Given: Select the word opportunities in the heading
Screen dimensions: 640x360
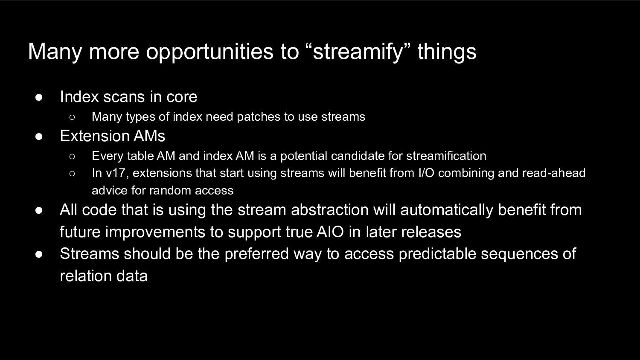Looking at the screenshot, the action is [x=210, y=52].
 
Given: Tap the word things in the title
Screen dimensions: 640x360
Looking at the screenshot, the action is [x=447, y=52].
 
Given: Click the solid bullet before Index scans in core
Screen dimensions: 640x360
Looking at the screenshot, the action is [x=39, y=97].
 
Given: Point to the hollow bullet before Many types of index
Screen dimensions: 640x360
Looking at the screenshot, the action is [x=72, y=117].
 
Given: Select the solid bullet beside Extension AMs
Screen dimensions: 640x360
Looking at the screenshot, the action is [x=39, y=136].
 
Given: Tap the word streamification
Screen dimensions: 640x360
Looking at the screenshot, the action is [x=446, y=156].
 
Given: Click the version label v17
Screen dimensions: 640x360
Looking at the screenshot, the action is [x=116, y=173].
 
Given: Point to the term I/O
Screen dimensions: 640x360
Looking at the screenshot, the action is [x=426, y=173].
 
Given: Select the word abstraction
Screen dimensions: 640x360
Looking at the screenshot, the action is [x=330, y=210].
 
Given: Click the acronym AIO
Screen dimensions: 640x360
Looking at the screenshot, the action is [x=330, y=232].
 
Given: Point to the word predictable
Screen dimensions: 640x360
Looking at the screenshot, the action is [x=437, y=254].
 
